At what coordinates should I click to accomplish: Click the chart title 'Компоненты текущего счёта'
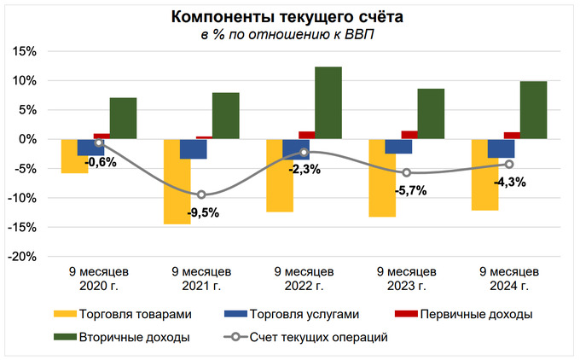[x=289, y=18]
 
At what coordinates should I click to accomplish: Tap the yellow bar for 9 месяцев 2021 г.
[x=177, y=181]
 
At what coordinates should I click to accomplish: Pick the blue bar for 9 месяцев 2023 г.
[x=398, y=146]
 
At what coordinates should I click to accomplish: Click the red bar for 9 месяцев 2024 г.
[x=512, y=135]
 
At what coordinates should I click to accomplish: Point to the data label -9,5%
[x=202, y=213]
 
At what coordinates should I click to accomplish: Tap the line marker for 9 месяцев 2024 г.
[x=509, y=164]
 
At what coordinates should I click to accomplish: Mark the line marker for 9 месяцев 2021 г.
[x=202, y=195]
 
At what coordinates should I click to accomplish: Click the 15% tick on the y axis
[x=25, y=51]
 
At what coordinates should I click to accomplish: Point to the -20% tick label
[x=22, y=256]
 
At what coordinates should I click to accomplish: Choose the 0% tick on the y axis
[x=28, y=139]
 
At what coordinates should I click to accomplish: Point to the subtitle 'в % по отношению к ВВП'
[x=287, y=35]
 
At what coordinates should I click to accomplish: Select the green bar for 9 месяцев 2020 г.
[x=123, y=118]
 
